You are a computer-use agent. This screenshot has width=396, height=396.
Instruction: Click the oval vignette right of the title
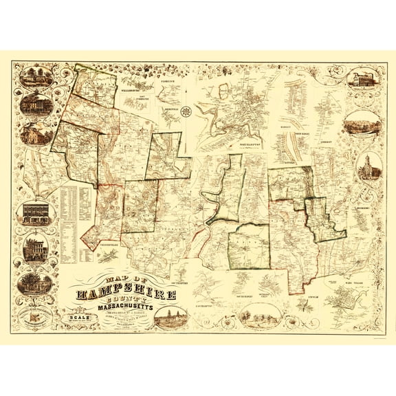point(170,316)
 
